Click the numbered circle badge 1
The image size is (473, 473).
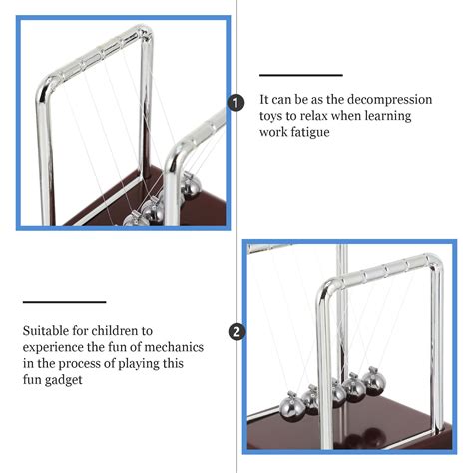click(236, 103)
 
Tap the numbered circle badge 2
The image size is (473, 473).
click(236, 332)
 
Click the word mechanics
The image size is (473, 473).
click(174, 347)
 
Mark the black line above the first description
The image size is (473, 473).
click(301, 75)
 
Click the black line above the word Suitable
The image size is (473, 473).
click(64, 302)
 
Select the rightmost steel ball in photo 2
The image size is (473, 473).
click(374, 382)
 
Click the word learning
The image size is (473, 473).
click(388, 117)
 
